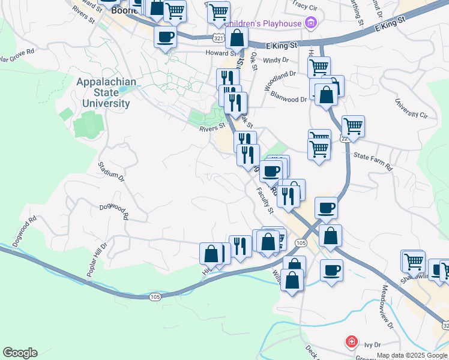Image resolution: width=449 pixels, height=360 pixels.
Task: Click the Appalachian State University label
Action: [x=106, y=92]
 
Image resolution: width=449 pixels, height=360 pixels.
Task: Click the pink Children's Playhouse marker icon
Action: [x=310, y=24]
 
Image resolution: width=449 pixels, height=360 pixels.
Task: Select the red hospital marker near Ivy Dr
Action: [x=351, y=342]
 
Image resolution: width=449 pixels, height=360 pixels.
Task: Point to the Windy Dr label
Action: [x=276, y=60]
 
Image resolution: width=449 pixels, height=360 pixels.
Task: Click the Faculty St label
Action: [x=265, y=200]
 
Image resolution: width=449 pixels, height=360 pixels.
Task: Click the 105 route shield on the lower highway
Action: [x=153, y=296]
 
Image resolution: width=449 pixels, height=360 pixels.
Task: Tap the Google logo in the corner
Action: [x=20, y=353]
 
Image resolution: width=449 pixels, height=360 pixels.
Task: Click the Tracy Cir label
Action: [x=304, y=6]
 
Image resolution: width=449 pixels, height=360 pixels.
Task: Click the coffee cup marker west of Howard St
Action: [x=165, y=37]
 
